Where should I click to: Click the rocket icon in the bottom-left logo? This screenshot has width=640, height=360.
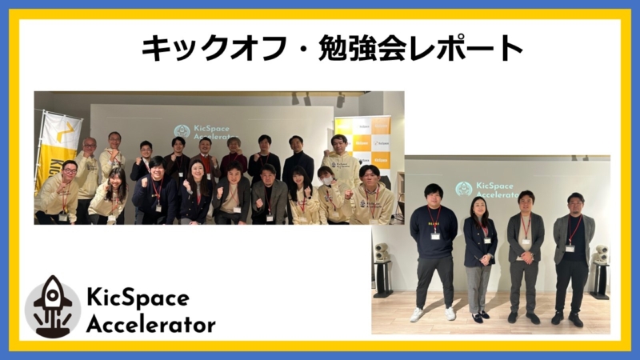coord(52,306)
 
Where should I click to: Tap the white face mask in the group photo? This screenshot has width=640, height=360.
coord(326,181)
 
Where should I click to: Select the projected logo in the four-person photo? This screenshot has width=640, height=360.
coord(486,189)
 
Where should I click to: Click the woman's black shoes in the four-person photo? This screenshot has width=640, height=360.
coord(480,317)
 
